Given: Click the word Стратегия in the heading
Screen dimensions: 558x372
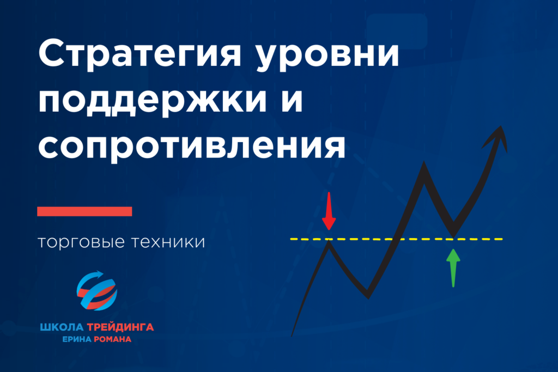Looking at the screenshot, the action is [x=140, y=53].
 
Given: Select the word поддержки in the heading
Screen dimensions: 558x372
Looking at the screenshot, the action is [x=153, y=100].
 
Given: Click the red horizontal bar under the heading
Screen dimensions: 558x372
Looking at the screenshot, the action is [x=84, y=211].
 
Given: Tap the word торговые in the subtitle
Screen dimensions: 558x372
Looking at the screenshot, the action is [x=81, y=242].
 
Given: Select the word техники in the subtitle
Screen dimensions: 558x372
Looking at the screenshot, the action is [x=168, y=242].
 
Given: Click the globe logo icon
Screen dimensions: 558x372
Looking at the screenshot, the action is [x=97, y=291].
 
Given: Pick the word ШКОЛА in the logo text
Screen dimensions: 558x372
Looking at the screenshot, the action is [x=62, y=327].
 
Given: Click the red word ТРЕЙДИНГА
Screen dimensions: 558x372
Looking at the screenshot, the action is [x=120, y=327].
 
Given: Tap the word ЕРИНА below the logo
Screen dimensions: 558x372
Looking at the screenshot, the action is [x=77, y=339].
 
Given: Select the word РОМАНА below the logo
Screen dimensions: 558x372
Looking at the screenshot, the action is [x=112, y=339].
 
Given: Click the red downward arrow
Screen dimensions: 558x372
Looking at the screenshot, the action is [x=329, y=211].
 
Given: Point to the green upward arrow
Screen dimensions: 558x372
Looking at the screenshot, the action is [x=453, y=268].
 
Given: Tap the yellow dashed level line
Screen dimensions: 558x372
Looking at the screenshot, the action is [x=397, y=239].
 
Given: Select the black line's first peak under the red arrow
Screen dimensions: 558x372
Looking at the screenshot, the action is [x=329, y=241].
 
